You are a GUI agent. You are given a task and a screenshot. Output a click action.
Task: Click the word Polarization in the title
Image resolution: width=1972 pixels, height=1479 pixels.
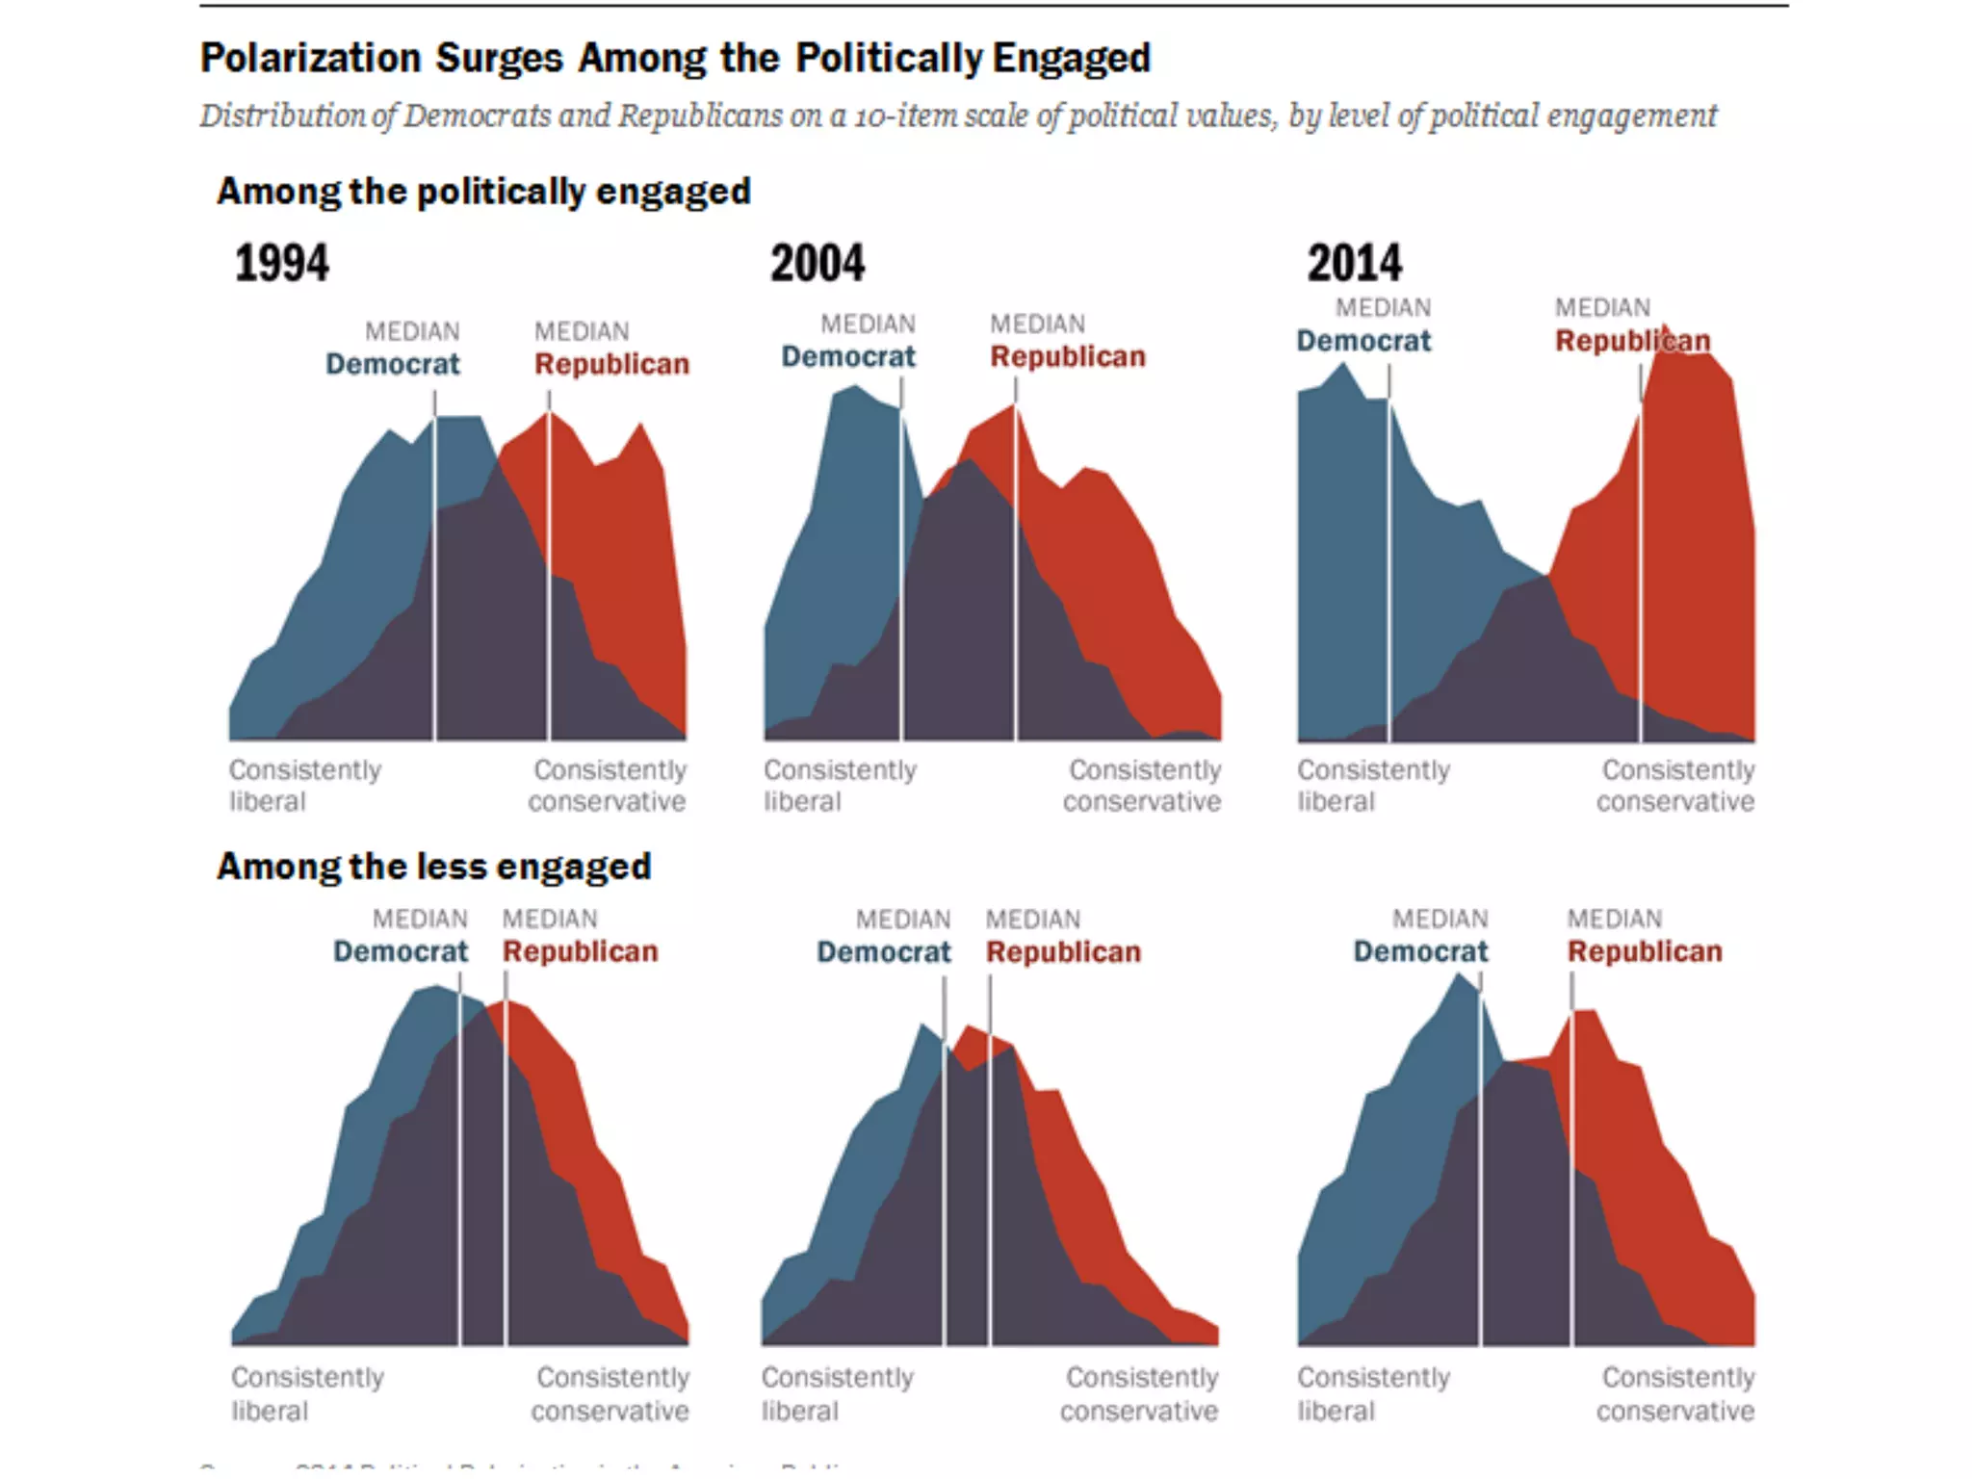click(310, 58)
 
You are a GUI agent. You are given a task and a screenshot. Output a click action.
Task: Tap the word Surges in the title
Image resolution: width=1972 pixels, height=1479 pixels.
click(499, 58)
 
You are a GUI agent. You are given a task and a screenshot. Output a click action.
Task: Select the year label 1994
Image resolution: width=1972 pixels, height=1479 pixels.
click(281, 263)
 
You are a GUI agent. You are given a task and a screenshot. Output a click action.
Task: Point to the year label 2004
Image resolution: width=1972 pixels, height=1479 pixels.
click(817, 263)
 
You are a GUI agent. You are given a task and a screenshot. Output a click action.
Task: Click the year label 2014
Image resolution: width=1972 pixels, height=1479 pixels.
click(1354, 263)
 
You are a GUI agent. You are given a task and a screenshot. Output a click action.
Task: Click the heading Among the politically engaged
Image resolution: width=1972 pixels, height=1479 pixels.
click(483, 191)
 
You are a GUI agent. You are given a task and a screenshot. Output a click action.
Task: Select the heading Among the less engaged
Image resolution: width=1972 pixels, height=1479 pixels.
click(434, 866)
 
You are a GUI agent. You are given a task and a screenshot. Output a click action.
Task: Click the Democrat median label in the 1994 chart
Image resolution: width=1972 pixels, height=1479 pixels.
click(393, 364)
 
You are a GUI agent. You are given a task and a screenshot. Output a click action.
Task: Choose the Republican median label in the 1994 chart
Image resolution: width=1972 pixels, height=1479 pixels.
click(611, 364)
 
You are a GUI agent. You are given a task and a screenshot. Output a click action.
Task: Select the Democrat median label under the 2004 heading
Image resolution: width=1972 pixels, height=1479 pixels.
click(848, 356)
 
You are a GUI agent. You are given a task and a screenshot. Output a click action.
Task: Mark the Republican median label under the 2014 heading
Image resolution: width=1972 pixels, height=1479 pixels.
click(1632, 341)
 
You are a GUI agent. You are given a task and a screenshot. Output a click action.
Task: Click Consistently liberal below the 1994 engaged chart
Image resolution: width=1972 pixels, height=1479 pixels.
click(304, 785)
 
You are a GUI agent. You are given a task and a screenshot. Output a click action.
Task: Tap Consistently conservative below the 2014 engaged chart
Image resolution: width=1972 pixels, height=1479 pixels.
click(1676, 785)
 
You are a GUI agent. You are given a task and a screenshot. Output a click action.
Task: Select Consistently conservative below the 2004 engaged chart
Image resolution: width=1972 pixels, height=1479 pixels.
click(1143, 785)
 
